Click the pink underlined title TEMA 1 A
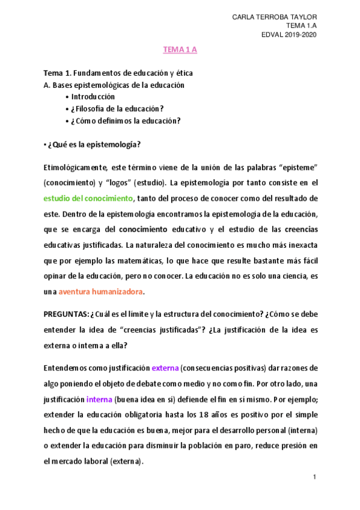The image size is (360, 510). (180, 50)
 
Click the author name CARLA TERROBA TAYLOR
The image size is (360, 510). (275, 17)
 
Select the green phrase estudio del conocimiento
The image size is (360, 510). (88, 198)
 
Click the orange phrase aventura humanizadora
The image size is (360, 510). (101, 292)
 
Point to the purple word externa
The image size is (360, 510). (165, 367)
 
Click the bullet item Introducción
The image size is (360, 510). (93, 96)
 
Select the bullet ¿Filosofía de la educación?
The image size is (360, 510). (117, 108)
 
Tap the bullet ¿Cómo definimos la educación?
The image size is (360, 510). (126, 120)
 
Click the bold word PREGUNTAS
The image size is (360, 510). (66, 314)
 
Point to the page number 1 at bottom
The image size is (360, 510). (314, 477)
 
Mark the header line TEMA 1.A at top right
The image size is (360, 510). (301, 26)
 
